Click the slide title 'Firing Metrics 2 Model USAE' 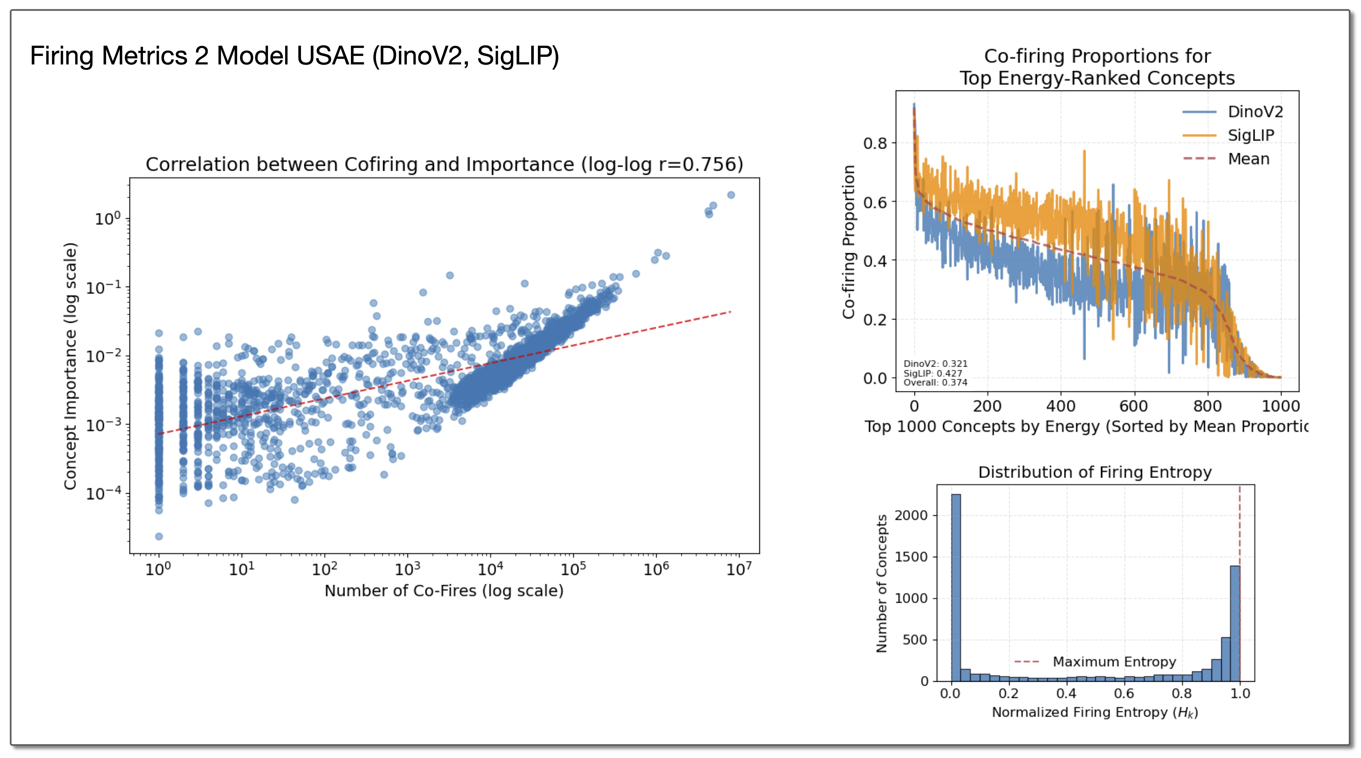point(294,56)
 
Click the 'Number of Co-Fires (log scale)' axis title point(444,591)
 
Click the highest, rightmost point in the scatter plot point(731,195)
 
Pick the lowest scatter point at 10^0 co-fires point(159,537)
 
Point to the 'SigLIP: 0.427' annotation point(933,373)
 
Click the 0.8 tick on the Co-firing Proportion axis point(875,143)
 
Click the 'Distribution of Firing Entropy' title point(1095,472)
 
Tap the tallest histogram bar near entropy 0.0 point(956,587)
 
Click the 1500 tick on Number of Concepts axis point(911,557)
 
